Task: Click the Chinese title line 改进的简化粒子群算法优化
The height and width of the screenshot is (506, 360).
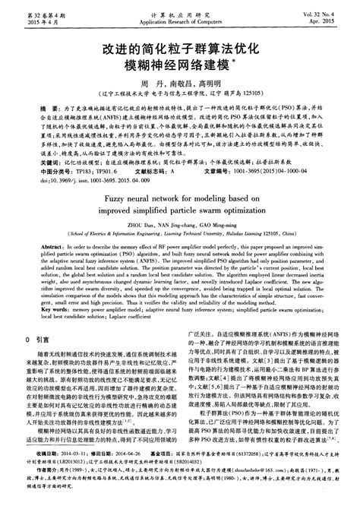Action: [x=180, y=46]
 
